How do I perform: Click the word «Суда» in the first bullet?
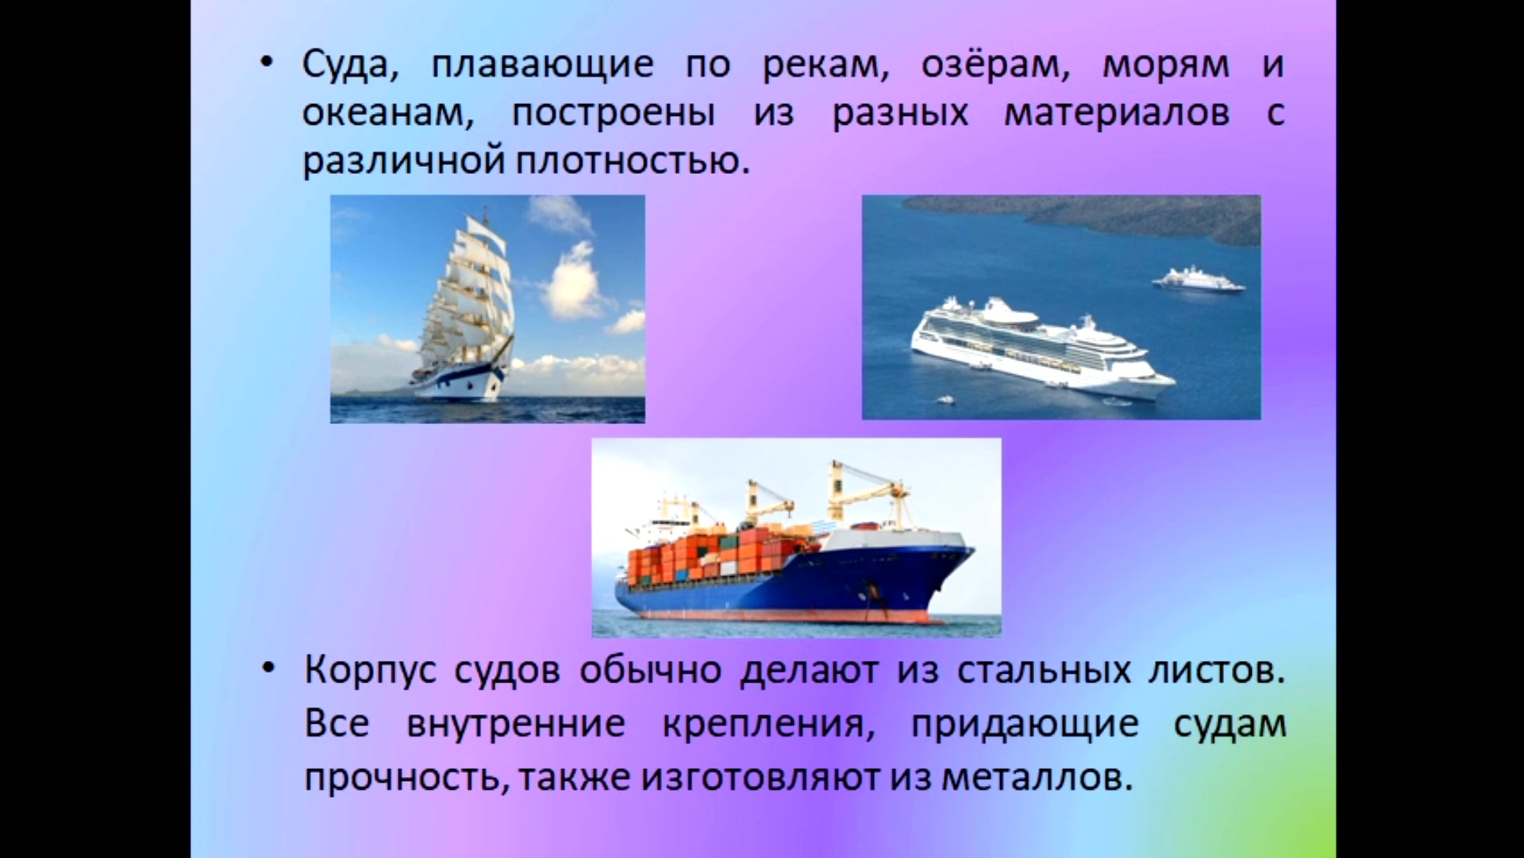350,64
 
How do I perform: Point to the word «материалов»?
1117,114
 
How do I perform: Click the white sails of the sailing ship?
469,294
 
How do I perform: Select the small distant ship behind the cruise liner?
1199,280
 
